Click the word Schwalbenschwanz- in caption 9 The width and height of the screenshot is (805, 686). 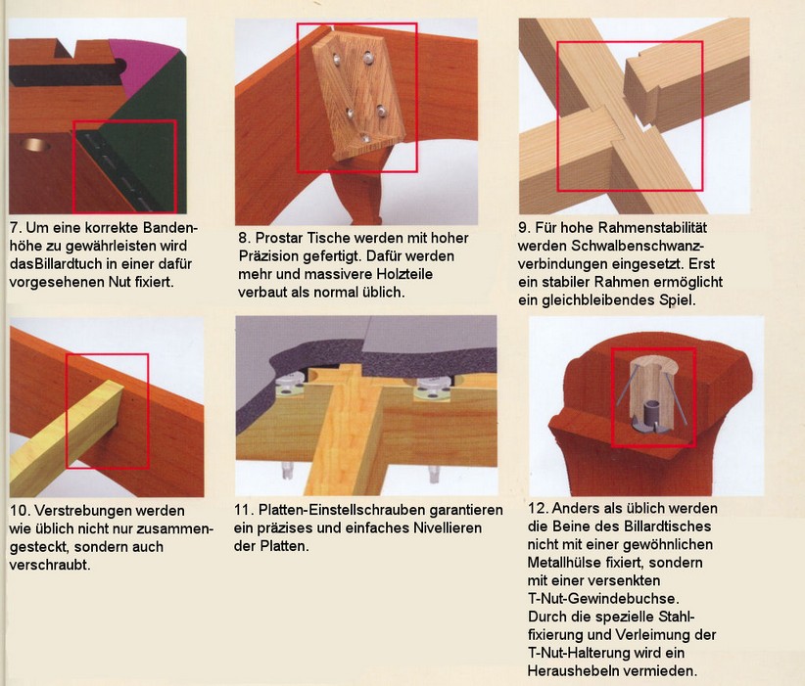(611, 246)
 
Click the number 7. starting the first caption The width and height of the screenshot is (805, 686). (15, 228)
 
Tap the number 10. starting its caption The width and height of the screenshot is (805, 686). (19, 511)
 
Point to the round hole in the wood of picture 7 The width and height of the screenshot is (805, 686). (34, 144)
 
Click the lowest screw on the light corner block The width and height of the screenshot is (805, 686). (364, 137)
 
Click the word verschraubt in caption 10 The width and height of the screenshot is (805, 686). (48, 565)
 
